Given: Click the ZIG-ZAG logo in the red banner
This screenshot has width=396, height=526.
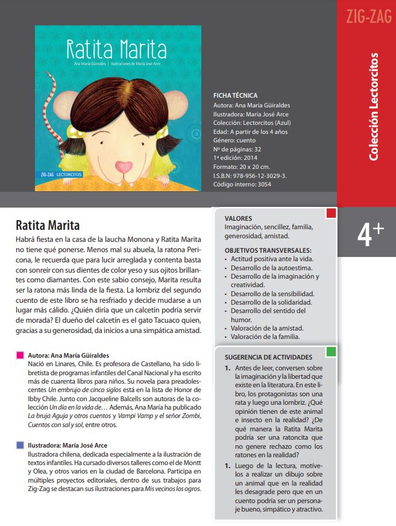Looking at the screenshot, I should [366, 16].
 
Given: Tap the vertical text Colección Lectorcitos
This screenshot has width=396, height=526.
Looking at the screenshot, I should [374, 107].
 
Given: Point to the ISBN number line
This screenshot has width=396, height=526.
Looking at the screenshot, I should [249, 176].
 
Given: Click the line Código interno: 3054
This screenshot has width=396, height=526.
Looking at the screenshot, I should [242, 185].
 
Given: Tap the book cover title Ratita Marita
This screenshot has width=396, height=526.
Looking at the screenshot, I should [116, 48].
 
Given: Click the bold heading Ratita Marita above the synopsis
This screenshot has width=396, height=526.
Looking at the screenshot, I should [48, 226].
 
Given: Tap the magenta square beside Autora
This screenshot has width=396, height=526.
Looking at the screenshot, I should [20, 356].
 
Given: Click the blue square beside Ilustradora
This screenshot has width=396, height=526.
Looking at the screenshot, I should [20, 446].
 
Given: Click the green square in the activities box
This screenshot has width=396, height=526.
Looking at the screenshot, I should [330, 351].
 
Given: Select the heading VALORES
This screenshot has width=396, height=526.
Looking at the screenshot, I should [238, 218].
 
